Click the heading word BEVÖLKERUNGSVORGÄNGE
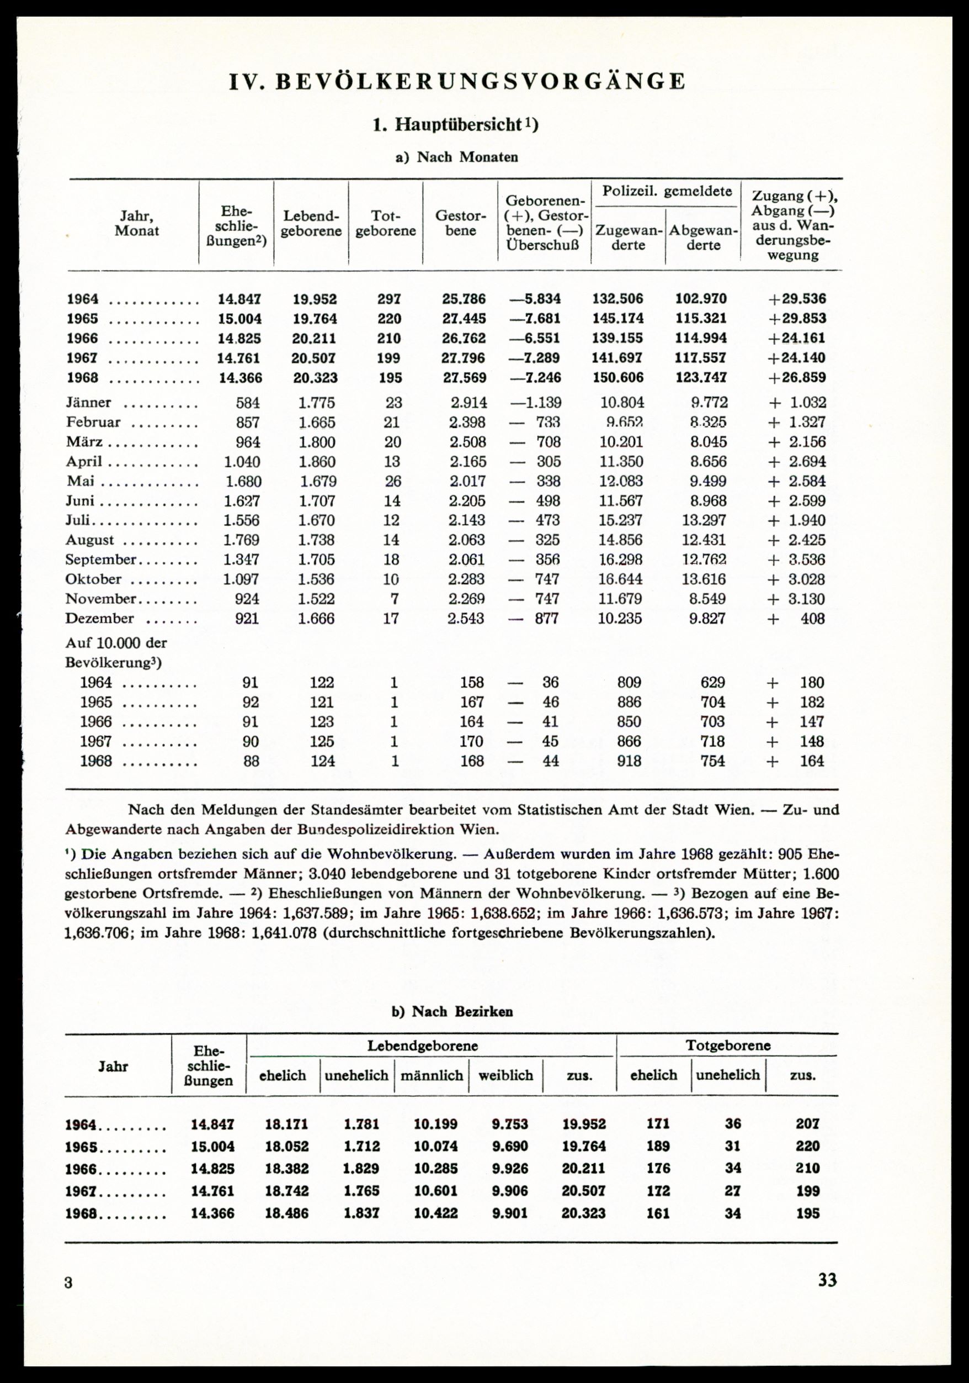(480, 82)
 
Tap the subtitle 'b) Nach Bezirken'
(452, 1011)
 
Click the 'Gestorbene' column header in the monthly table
(460, 224)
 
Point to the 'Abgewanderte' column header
(703, 238)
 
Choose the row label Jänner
(88, 403)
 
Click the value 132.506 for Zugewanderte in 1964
(618, 299)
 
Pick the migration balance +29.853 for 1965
(797, 319)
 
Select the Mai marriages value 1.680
(243, 482)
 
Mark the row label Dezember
(99, 619)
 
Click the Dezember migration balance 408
(812, 619)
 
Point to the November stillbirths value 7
(392, 599)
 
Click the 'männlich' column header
(432, 1075)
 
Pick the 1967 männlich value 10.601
(436, 1191)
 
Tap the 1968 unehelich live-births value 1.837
(361, 1213)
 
